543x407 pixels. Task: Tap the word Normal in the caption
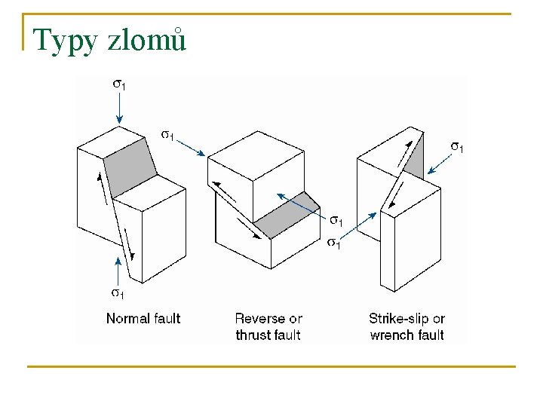(x=124, y=318)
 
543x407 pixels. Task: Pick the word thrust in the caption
(x=252, y=335)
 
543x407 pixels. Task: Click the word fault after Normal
(x=164, y=318)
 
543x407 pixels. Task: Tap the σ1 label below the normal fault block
(x=118, y=292)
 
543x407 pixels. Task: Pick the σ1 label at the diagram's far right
(x=457, y=145)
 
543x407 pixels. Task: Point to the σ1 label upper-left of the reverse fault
(x=168, y=135)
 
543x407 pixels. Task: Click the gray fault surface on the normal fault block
(x=130, y=171)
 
